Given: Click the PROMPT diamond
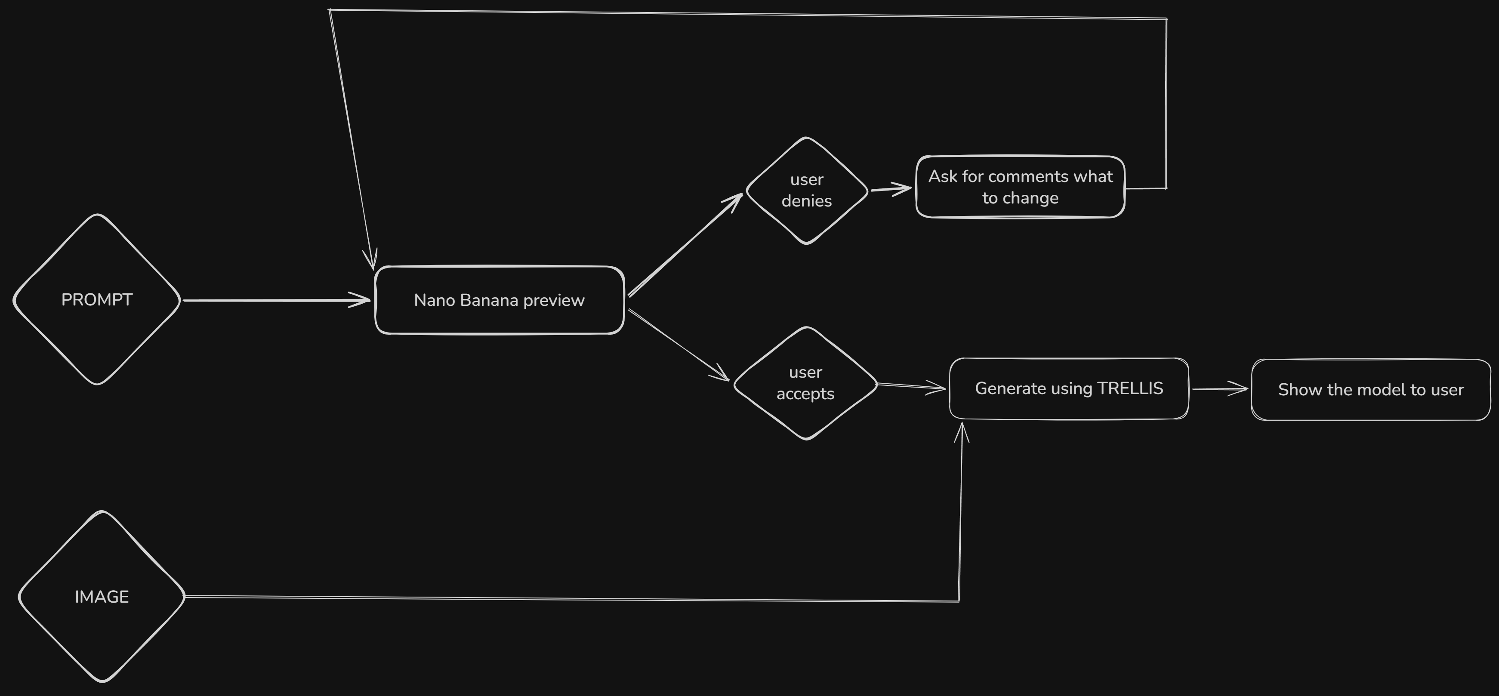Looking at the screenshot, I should [x=97, y=300].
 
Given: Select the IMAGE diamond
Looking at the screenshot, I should [x=102, y=597].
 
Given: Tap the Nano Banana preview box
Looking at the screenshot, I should [x=499, y=300].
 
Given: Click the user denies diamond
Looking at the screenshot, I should [x=807, y=190].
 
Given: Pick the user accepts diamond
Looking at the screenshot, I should [x=805, y=383].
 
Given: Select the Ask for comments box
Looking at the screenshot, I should [x=1020, y=187].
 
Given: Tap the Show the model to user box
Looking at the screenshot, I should [x=1370, y=390].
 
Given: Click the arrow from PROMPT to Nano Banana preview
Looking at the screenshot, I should [x=274, y=300].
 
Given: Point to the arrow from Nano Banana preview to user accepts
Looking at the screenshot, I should [x=678, y=345].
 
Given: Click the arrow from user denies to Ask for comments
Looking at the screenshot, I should [x=890, y=189].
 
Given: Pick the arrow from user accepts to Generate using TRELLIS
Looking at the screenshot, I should [x=911, y=386].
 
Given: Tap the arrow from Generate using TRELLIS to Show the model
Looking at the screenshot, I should [x=1219, y=389].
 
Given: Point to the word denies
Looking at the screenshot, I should [x=807, y=201].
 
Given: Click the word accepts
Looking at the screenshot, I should [x=805, y=394].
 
